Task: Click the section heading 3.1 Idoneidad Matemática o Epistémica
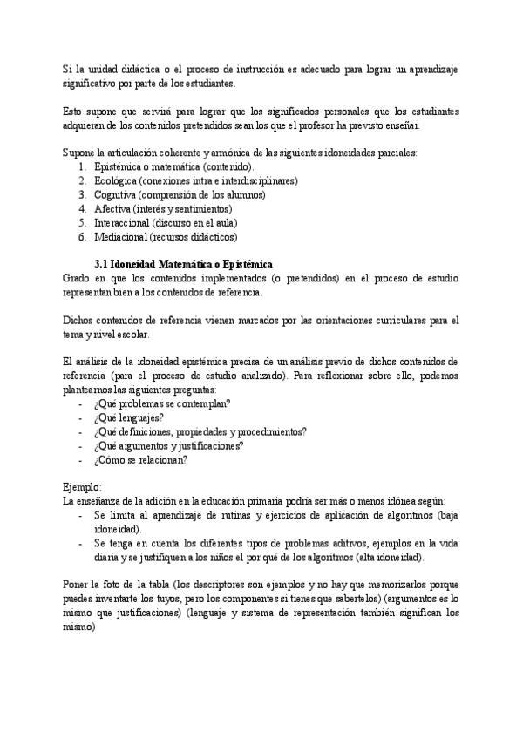click(x=184, y=264)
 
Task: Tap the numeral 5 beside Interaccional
click(x=81, y=222)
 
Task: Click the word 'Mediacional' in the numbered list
click(x=120, y=236)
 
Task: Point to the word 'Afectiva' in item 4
click(x=112, y=208)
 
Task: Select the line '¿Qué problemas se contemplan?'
click(x=162, y=403)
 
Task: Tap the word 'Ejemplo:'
click(x=83, y=487)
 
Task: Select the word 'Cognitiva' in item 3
click(x=114, y=194)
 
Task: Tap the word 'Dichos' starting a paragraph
click(x=79, y=320)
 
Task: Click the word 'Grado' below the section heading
click(x=78, y=278)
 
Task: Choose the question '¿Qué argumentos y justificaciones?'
click(x=168, y=445)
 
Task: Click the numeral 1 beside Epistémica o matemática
click(x=82, y=166)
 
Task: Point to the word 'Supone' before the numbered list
click(x=80, y=153)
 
